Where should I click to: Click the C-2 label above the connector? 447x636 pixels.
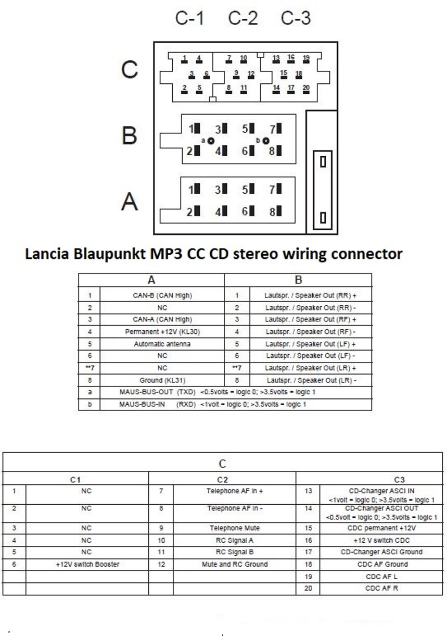tap(243, 19)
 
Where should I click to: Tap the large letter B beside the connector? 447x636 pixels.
tap(129, 135)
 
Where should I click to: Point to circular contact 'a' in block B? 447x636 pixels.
tap(210, 141)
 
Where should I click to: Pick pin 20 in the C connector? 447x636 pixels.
tap(306, 88)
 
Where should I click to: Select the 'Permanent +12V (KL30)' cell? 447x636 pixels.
tap(162, 332)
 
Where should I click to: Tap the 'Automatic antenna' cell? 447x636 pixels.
tap(162, 344)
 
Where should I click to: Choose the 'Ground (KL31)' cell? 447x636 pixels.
tap(162, 380)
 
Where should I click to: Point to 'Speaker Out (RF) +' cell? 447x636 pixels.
tap(311, 319)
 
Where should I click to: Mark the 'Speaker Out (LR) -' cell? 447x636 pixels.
tap(311, 380)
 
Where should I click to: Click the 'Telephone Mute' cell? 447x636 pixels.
tap(235, 528)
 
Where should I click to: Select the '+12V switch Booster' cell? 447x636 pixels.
tap(87, 564)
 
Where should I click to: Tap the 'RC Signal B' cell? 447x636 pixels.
tap(235, 552)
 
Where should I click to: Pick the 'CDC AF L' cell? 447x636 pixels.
tap(381, 577)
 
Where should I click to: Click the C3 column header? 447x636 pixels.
tap(399, 480)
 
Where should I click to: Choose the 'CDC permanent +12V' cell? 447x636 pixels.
tap(381, 528)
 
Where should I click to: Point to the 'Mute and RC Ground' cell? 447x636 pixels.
tap(235, 564)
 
